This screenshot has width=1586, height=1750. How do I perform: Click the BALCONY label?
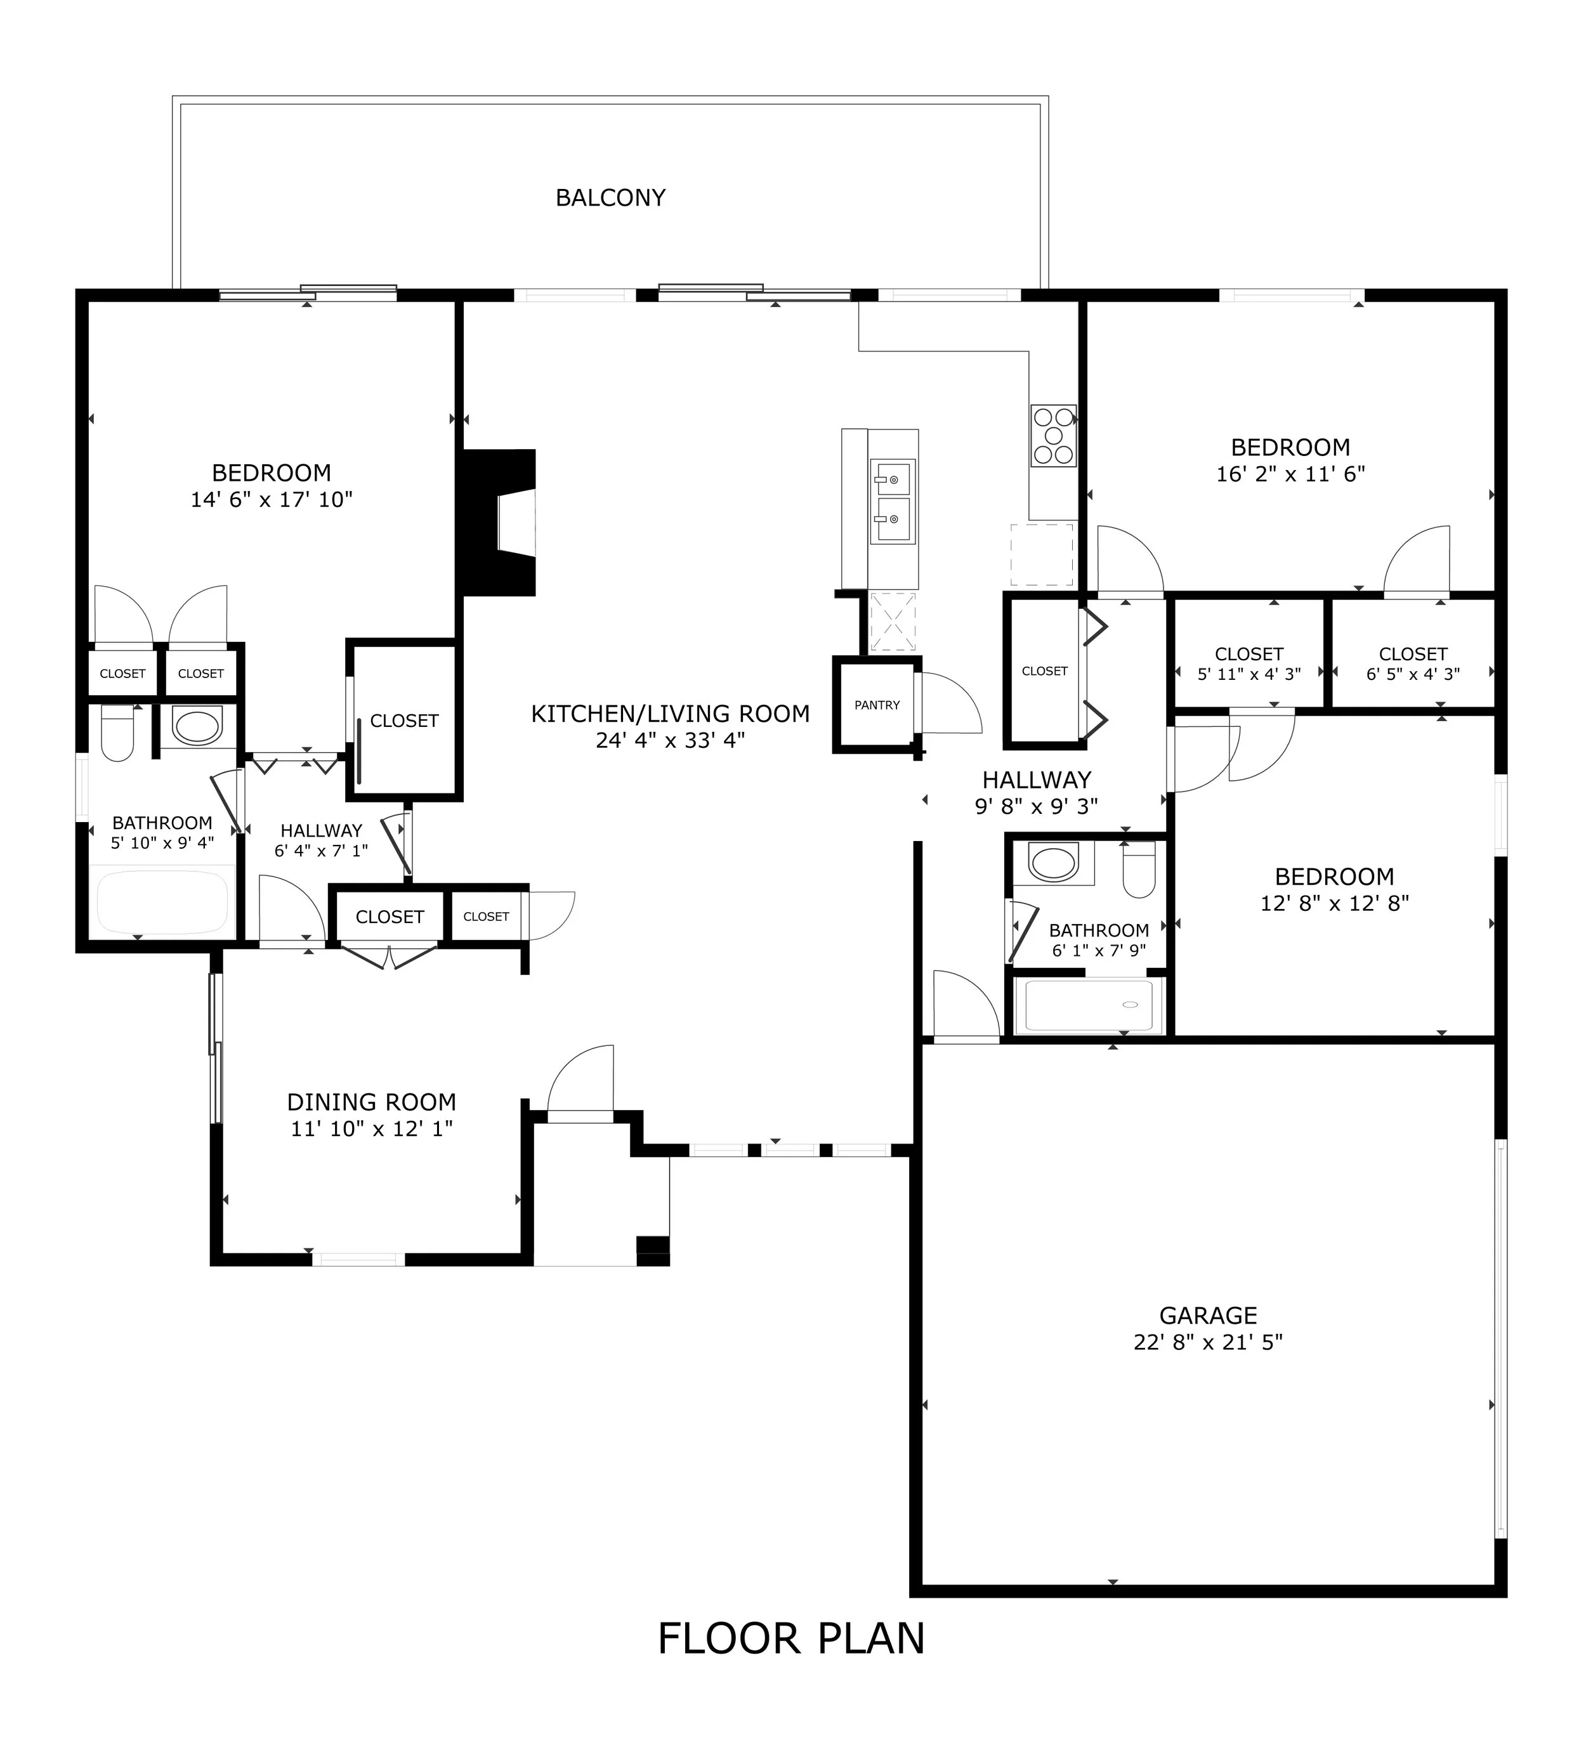coord(610,198)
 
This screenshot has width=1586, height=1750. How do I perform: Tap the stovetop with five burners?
coord(1053,436)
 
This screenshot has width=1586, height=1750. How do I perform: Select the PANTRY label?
coord(877,705)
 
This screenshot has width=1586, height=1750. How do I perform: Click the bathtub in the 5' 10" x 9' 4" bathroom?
coord(162,903)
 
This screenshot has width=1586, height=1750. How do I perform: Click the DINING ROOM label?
coord(372,1102)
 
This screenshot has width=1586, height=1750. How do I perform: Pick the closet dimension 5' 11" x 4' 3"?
coord(1249,674)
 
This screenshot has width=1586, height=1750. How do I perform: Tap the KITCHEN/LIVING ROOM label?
coord(670,714)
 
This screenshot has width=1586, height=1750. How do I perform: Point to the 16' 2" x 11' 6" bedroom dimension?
coord(1291,474)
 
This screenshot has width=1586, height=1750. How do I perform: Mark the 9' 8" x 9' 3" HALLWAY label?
coord(1037,780)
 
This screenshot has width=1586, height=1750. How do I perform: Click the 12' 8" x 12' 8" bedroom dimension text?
coord(1334,903)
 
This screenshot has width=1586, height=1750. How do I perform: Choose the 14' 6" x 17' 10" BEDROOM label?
coord(272,473)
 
